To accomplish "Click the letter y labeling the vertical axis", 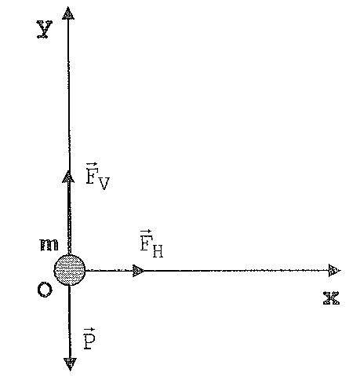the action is pos(45,29).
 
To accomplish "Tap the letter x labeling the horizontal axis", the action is pos(331,298).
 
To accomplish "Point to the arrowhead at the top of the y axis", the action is pos(68,13).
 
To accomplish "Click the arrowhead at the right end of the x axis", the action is pos(335,270).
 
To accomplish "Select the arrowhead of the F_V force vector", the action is pos(68,177).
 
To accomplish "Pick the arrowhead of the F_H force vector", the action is pos(138,271).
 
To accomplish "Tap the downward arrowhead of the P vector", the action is pos(70,364).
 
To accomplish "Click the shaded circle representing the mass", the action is pos(70,270).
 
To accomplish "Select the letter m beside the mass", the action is pos(49,245).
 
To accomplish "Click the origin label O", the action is pos(45,290).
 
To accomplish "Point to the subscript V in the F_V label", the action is pos(104,184).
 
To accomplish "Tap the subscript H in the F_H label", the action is pos(157,251).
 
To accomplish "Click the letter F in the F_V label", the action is pos(92,176).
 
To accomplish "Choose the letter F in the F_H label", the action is pos(146,243).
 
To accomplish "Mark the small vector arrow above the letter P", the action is pos(89,330).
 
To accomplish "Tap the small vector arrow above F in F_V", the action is pos(92,165).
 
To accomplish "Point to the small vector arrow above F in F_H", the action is pos(146,232).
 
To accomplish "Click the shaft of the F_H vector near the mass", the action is pos(109,270).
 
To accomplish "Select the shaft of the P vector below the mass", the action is pos(70,322).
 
